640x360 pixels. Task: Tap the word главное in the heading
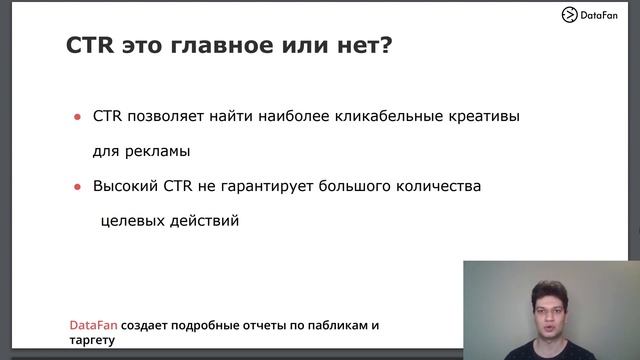[231, 46]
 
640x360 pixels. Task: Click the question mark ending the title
[386, 46]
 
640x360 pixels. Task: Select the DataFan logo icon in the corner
[570, 14]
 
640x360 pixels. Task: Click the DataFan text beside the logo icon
[604, 14]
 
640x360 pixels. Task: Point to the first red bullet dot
[77, 118]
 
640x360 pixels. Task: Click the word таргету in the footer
[92, 340]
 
